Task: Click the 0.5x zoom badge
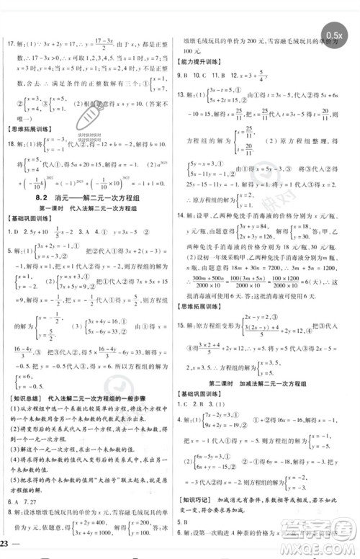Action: (336, 35)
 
